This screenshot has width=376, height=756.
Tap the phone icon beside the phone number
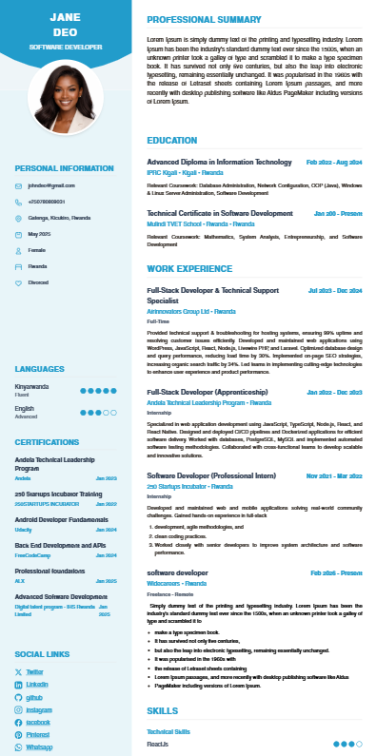pyautogui.click(x=18, y=202)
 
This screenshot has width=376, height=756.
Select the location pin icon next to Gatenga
pyautogui.click(x=18, y=218)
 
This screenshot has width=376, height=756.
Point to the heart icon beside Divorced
pyautogui.click(x=18, y=282)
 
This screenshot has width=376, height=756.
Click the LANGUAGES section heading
pyautogui.click(x=40, y=368)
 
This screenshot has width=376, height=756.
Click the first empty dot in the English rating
pyautogui.click(x=106, y=412)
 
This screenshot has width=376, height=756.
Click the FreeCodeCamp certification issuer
pyautogui.click(x=33, y=554)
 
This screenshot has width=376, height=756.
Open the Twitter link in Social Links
pyautogui.click(x=35, y=671)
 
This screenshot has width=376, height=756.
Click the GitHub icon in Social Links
pyautogui.click(x=18, y=696)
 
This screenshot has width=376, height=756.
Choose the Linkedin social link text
pyautogui.click(x=37, y=684)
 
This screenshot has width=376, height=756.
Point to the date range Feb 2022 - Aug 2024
pyautogui.click(x=334, y=163)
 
